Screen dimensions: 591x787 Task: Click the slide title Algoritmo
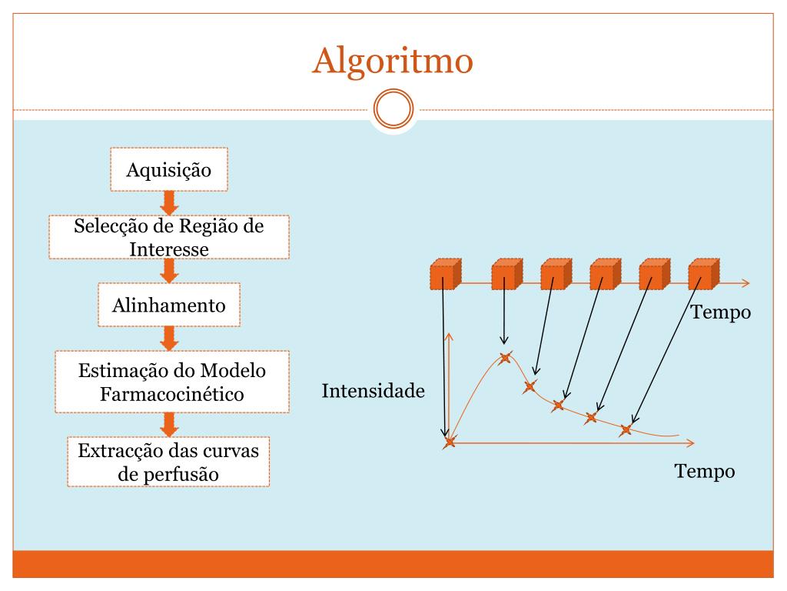(392, 61)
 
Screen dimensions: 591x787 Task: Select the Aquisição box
(168, 169)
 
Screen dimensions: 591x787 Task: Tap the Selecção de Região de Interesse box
(169, 237)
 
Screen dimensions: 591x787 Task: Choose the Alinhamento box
(169, 306)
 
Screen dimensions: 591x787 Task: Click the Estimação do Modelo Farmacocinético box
(172, 382)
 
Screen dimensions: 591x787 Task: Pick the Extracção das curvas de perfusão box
(168, 462)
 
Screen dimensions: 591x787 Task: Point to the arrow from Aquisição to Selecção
(170, 202)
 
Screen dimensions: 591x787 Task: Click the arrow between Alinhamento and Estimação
(170, 338)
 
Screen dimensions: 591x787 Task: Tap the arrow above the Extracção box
(170, 424)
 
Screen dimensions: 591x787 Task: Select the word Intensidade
(373, 391)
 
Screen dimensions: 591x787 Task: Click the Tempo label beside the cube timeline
(720, 312)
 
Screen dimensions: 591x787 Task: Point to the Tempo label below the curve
(705, 471)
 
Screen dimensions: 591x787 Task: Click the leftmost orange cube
(445, 274)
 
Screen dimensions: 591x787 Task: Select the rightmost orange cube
(703, 274)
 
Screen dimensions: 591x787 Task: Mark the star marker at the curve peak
(505, 357)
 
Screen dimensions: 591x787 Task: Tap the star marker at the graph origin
(450, 442)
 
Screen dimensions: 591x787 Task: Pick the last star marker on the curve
(626, 429)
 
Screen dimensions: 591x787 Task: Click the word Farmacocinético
(172, 394)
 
